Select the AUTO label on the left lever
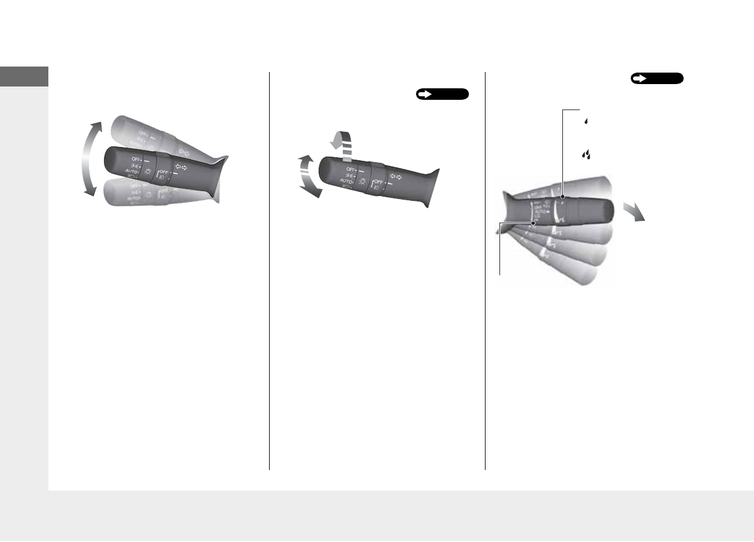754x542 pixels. pos(132,171)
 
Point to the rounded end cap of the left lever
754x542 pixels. pos(112,160)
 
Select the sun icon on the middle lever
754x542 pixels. pos(362,181)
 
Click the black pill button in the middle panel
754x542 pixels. pos(442,94)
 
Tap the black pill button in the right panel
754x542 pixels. pos(657,78)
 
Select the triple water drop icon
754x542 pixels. pos(586,155)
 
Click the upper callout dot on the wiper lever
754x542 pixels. pos(562,197)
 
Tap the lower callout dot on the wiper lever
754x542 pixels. pos(535,223)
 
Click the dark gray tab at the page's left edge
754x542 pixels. pos(24,76)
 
